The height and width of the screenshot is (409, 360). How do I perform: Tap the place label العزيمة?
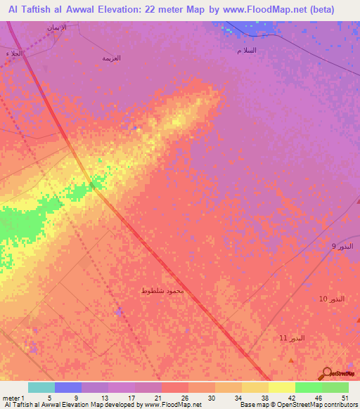(x=111, y=58)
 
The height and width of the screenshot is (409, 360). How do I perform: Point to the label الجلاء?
(x=14, y=53)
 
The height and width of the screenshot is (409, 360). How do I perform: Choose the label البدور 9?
(x=344, y=247)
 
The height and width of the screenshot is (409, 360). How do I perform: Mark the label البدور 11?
(x=292, y=338)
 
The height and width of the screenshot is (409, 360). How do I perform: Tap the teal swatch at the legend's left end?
(x=41, y=387)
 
